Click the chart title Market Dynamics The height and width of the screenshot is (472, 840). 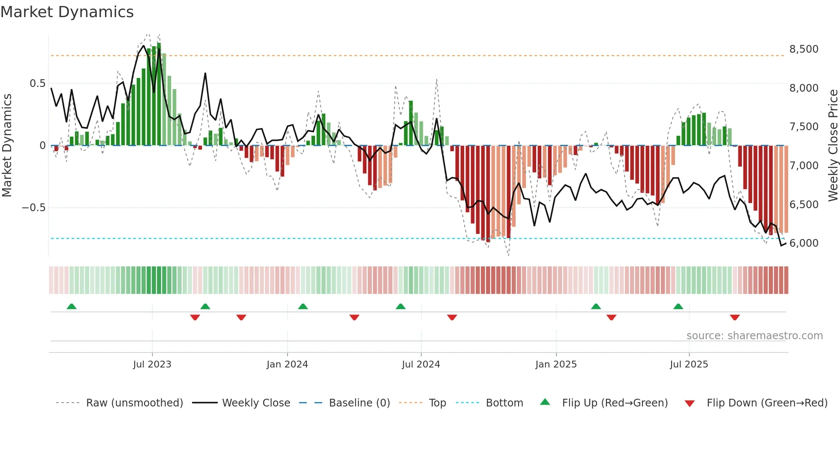click(67, 12)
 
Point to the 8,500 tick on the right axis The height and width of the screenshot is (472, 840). click(804, 49)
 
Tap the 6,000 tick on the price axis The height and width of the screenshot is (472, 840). click(804, 243)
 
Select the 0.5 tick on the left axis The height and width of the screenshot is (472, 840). click(37, 84)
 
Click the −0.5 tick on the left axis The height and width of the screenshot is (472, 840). click(34, 208)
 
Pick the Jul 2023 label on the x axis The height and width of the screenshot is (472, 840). click(152, 364)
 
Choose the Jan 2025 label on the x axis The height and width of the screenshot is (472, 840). click(556, 364)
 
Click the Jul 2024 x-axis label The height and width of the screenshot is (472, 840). click(421, 364)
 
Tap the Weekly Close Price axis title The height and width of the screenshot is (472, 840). click(833, 146)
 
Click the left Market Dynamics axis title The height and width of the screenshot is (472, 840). click(7, 146)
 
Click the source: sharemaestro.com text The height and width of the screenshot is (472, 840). click(754, 336)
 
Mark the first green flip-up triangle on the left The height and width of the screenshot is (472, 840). click(72, 307)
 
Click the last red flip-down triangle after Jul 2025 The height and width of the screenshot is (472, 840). click(735, 317)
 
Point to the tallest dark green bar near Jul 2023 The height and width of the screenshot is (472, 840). click(159, 94)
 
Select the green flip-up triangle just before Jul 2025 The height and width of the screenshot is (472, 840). click(678, 307)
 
